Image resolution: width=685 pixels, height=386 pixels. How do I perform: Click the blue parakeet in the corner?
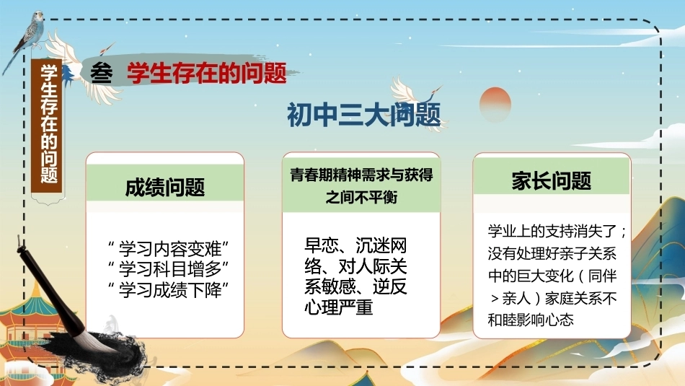(x=27, y=35)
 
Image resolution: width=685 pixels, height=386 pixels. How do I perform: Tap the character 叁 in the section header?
(x=102, y=73)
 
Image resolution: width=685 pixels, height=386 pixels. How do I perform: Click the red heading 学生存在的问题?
(x=207, y=73)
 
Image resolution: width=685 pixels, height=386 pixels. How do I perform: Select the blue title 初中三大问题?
(x=363, y=115)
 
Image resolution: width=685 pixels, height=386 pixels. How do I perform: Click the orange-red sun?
(x=495, y=104)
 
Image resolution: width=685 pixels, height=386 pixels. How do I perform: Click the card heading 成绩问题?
(x=164, y=187)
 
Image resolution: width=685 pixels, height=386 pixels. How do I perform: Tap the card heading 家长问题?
(x=552, y=181)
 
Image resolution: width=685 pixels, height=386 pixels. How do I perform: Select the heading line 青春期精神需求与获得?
(x=361, y=175)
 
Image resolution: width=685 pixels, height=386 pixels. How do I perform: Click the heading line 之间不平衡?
(x=361, y=197)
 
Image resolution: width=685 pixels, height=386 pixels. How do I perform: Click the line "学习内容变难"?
(x=168, y=249)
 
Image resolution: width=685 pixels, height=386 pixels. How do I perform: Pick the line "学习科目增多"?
(x=168, y=269)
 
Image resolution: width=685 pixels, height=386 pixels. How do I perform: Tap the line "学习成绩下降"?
(x=168, y=289)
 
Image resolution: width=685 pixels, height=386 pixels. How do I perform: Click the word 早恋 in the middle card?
(x=321, y=245)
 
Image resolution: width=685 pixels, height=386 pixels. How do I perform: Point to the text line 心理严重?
(x=339, y=307)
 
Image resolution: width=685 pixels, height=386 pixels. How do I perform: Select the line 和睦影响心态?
(x=531, y=320)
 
